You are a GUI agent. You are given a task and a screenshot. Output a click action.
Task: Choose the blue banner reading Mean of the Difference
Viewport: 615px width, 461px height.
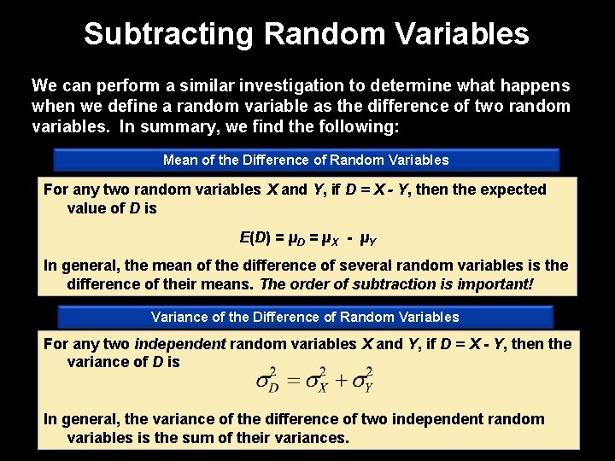(306, 160)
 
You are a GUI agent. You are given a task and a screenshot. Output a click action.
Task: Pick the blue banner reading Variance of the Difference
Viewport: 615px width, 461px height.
(305, 317)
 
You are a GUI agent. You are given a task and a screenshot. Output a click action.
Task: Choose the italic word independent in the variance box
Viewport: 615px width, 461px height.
(180, 344)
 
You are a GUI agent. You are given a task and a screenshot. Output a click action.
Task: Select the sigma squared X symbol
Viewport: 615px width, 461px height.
(317, 381)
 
